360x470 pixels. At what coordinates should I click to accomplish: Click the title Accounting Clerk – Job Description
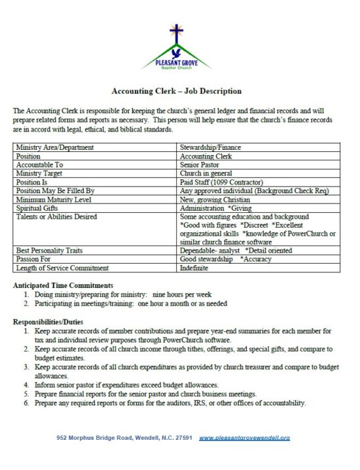[177, 91]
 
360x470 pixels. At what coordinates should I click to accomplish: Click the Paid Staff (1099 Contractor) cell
[221, 182]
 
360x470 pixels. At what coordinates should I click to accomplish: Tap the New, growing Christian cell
[215, 199]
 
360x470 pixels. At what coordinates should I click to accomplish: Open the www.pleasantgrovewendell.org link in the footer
[244, 437]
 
